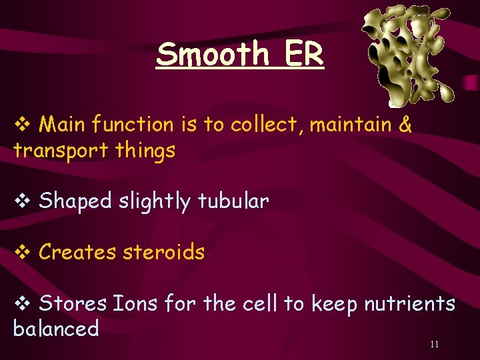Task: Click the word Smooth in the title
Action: pos(211,54)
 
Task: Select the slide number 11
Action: pos(435,344)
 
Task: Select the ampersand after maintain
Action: pos(405,125)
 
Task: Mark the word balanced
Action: pos(56,329)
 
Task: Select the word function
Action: pos(133,125)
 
